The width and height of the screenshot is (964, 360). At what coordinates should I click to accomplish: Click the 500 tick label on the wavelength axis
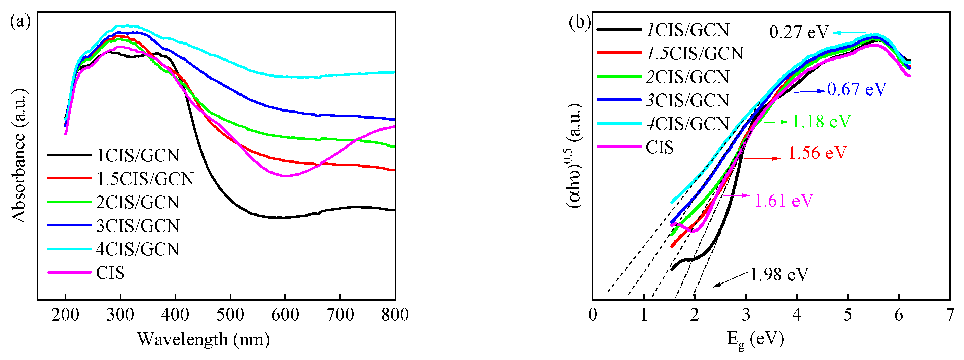[230, 315]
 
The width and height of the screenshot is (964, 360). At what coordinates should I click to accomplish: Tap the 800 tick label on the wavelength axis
[395, 315]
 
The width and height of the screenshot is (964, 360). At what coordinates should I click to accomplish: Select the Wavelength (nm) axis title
[204, 339]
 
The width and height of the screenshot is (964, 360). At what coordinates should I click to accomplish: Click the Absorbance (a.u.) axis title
[19, 156]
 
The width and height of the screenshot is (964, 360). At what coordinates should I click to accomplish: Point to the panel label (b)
[579, 22]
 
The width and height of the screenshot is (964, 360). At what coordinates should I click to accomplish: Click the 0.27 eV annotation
[799, 33]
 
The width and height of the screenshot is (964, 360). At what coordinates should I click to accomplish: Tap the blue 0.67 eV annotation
[857, 89]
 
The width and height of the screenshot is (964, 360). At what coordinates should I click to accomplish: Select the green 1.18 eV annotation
[821, 122]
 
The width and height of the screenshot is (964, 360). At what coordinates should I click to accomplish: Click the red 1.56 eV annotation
[817, 153]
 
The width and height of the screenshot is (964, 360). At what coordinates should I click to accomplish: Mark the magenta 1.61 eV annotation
[784, 201]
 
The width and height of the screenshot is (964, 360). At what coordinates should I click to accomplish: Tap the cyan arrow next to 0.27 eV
[849, 33]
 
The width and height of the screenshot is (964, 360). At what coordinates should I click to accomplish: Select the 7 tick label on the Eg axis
[950, 315]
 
